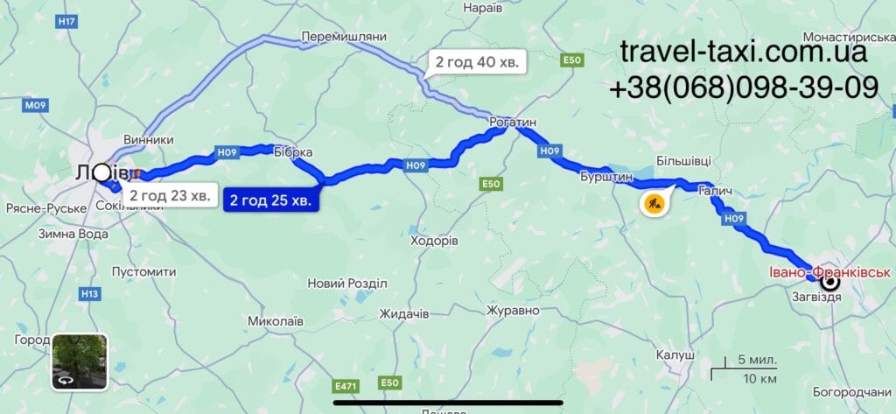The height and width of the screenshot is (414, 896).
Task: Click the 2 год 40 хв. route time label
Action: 478,62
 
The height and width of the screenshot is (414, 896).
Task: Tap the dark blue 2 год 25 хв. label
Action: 269,200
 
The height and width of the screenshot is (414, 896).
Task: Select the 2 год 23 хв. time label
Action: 170,195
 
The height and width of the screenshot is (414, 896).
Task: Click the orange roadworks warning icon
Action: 654,204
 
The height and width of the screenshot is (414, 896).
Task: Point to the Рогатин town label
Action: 513,123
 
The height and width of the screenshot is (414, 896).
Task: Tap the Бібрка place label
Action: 292,152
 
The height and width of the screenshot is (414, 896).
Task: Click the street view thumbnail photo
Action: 80,361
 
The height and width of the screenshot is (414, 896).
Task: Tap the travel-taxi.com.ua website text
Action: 744,52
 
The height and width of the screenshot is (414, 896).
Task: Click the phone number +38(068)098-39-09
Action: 744,87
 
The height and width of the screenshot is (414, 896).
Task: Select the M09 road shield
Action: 34,106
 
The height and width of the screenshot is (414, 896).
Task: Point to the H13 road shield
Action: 89,294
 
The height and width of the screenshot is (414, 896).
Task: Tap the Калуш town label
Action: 675,355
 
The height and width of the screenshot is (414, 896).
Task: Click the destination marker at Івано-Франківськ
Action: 828,281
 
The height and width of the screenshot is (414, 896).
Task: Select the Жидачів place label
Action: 403,313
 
